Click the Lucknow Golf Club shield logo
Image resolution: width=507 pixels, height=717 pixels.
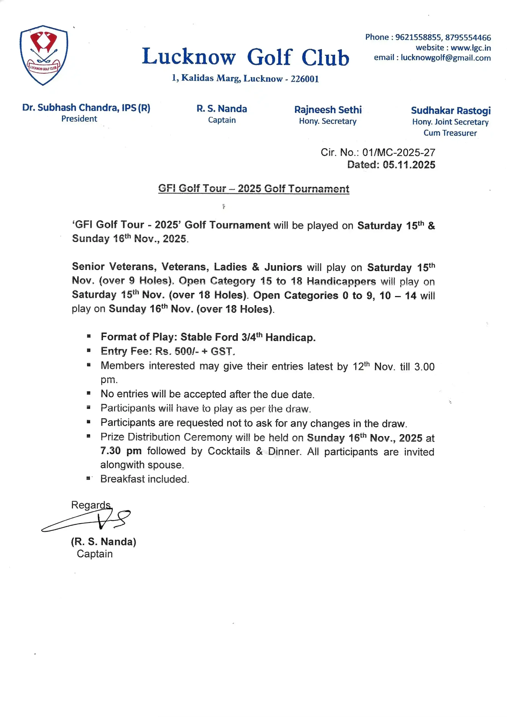click(x=44, y=55)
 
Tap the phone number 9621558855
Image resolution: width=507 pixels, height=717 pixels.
click(x=418, y=38)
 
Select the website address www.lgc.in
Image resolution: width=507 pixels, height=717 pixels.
click(x=471, y=48)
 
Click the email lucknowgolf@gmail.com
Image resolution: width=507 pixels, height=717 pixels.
click(x=445, y=58)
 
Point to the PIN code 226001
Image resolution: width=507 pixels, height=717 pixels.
click(x=304, y=79)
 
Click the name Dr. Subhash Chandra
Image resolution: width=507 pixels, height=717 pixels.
click(x=71, y=108)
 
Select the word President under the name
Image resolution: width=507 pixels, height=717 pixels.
click(x=79, y=119)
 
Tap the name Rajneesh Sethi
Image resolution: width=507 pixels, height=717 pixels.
click(x=328, y=110)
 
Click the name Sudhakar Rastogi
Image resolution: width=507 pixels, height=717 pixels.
click(x=450, y=111)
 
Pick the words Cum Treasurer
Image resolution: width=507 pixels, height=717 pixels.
click(x=450, y=133)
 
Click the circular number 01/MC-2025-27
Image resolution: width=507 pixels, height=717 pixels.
click(x=399, y=152)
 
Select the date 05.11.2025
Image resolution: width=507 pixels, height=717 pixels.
click(x=409, y=165)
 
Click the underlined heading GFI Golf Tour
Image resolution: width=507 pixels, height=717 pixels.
click(x=254, y=188)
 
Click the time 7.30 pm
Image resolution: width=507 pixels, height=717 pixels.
click(x=121, y=451)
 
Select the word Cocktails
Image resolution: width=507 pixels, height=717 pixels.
click(x=229, y=451)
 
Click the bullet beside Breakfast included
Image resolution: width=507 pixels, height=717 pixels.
click(x=89, y=478)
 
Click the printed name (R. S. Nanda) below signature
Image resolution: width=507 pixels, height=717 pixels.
click(x=103, y=541)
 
